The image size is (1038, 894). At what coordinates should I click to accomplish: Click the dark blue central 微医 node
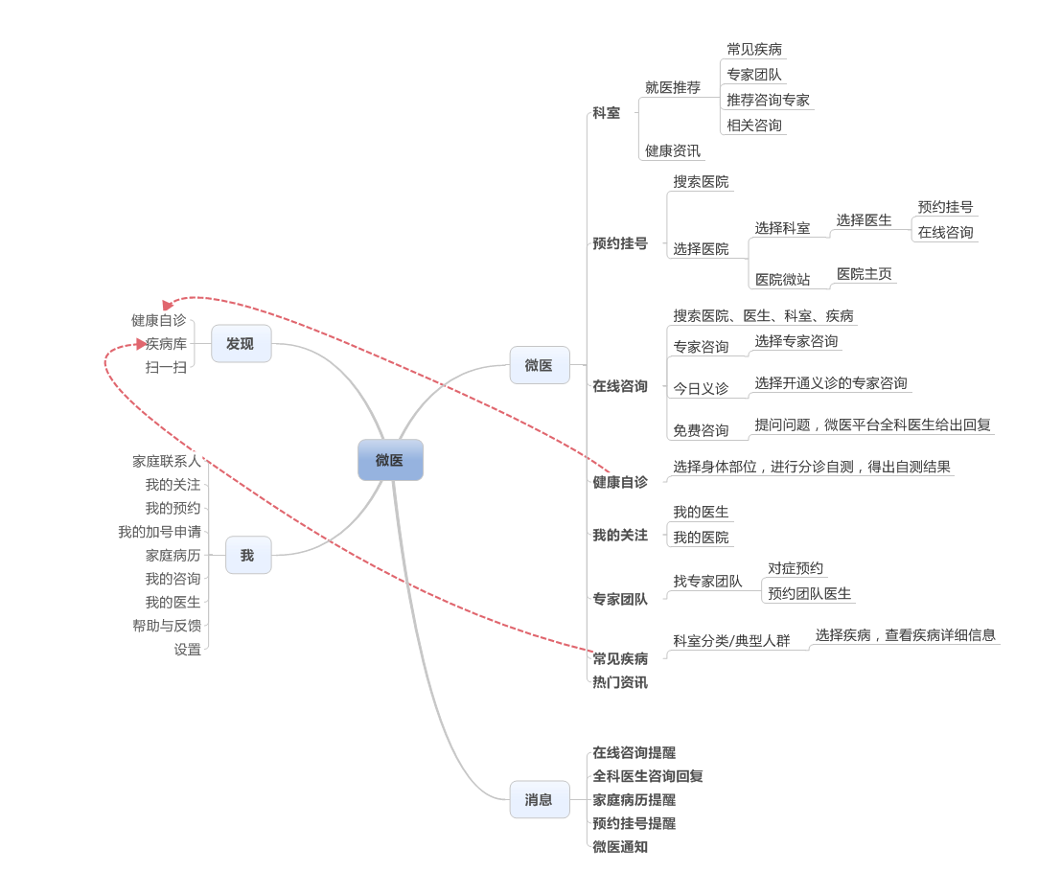point(390,460)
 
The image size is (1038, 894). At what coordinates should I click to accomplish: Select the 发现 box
point(241,343)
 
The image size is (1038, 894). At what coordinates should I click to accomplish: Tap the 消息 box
point(539,799)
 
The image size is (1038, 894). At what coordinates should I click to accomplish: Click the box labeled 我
point(247,555)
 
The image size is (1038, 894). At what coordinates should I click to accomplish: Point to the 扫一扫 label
point(166,367)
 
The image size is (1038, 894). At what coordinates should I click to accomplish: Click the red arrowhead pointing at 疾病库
point(141,344)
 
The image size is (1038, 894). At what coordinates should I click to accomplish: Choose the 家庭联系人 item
point(167,461)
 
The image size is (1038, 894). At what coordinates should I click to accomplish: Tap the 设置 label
point(188,649)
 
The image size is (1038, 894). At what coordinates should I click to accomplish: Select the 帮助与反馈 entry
point(167,626)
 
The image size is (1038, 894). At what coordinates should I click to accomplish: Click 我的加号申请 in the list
point(160,532)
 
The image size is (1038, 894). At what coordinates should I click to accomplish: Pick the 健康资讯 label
point(672,150)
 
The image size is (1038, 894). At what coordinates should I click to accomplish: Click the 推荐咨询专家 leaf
point(768,100)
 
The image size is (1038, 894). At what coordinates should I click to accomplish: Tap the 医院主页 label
point(864,274)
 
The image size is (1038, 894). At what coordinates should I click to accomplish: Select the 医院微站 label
point(782,279)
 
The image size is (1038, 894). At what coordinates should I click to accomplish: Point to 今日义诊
point(701,388)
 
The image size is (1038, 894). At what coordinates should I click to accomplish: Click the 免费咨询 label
point(701,430)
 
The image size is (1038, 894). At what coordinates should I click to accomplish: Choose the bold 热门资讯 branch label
point(620,682)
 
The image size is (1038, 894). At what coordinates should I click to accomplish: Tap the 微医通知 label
point(620,847)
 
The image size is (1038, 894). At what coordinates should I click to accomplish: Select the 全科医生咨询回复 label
point(648,776)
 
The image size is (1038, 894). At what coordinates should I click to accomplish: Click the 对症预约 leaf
point(796,568)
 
